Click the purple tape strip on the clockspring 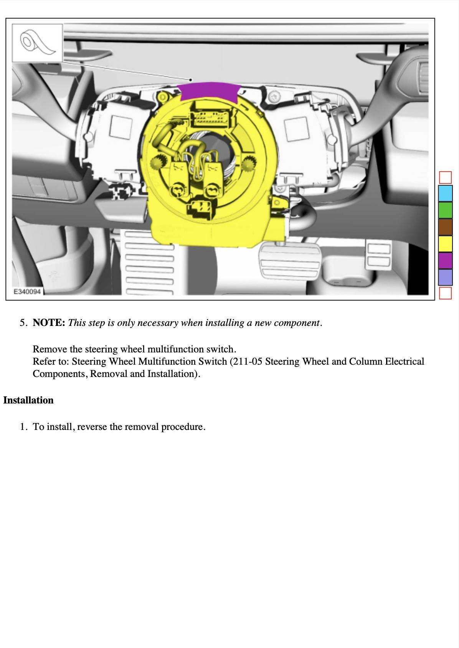pyautogui.click(x=210, y=92)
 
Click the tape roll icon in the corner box pyautogui.click(x=37, y=43)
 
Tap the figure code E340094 pyautogui.click(x=27, y=292)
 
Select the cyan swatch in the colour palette pyautogui.click(x=445, y=193)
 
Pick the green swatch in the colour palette pyautogui.click(x=445, y=210)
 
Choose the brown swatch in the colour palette pyautogui.click(x=445, y=227)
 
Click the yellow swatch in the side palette pyautogui.click(x=445, y=244)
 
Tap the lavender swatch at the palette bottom pyautogui.click(x=445, y=277)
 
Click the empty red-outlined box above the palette pyautogui.click(x=445, y=177)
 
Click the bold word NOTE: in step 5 pyautogui.click(x=49, y=323)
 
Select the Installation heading pyautogui.click(x=28, y=400)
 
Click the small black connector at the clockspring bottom pyautogui.click(x=200, y=207)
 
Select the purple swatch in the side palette pyautogui.click(x=445, y=260)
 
